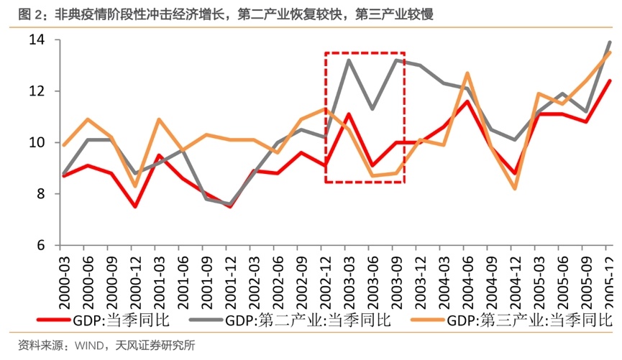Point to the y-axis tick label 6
point(39,245)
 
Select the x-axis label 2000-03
point(62,276)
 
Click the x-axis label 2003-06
point(371,276)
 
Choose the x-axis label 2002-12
point(324,276)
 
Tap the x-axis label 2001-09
point(204,276)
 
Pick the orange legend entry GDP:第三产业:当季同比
point(526,320)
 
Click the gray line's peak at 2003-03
point(348,60)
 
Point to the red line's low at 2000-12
point(134,207)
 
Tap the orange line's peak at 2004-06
point(467,73)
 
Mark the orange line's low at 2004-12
point(515,188)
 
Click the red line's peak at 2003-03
point(348,114)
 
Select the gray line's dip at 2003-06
point(372,109)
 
